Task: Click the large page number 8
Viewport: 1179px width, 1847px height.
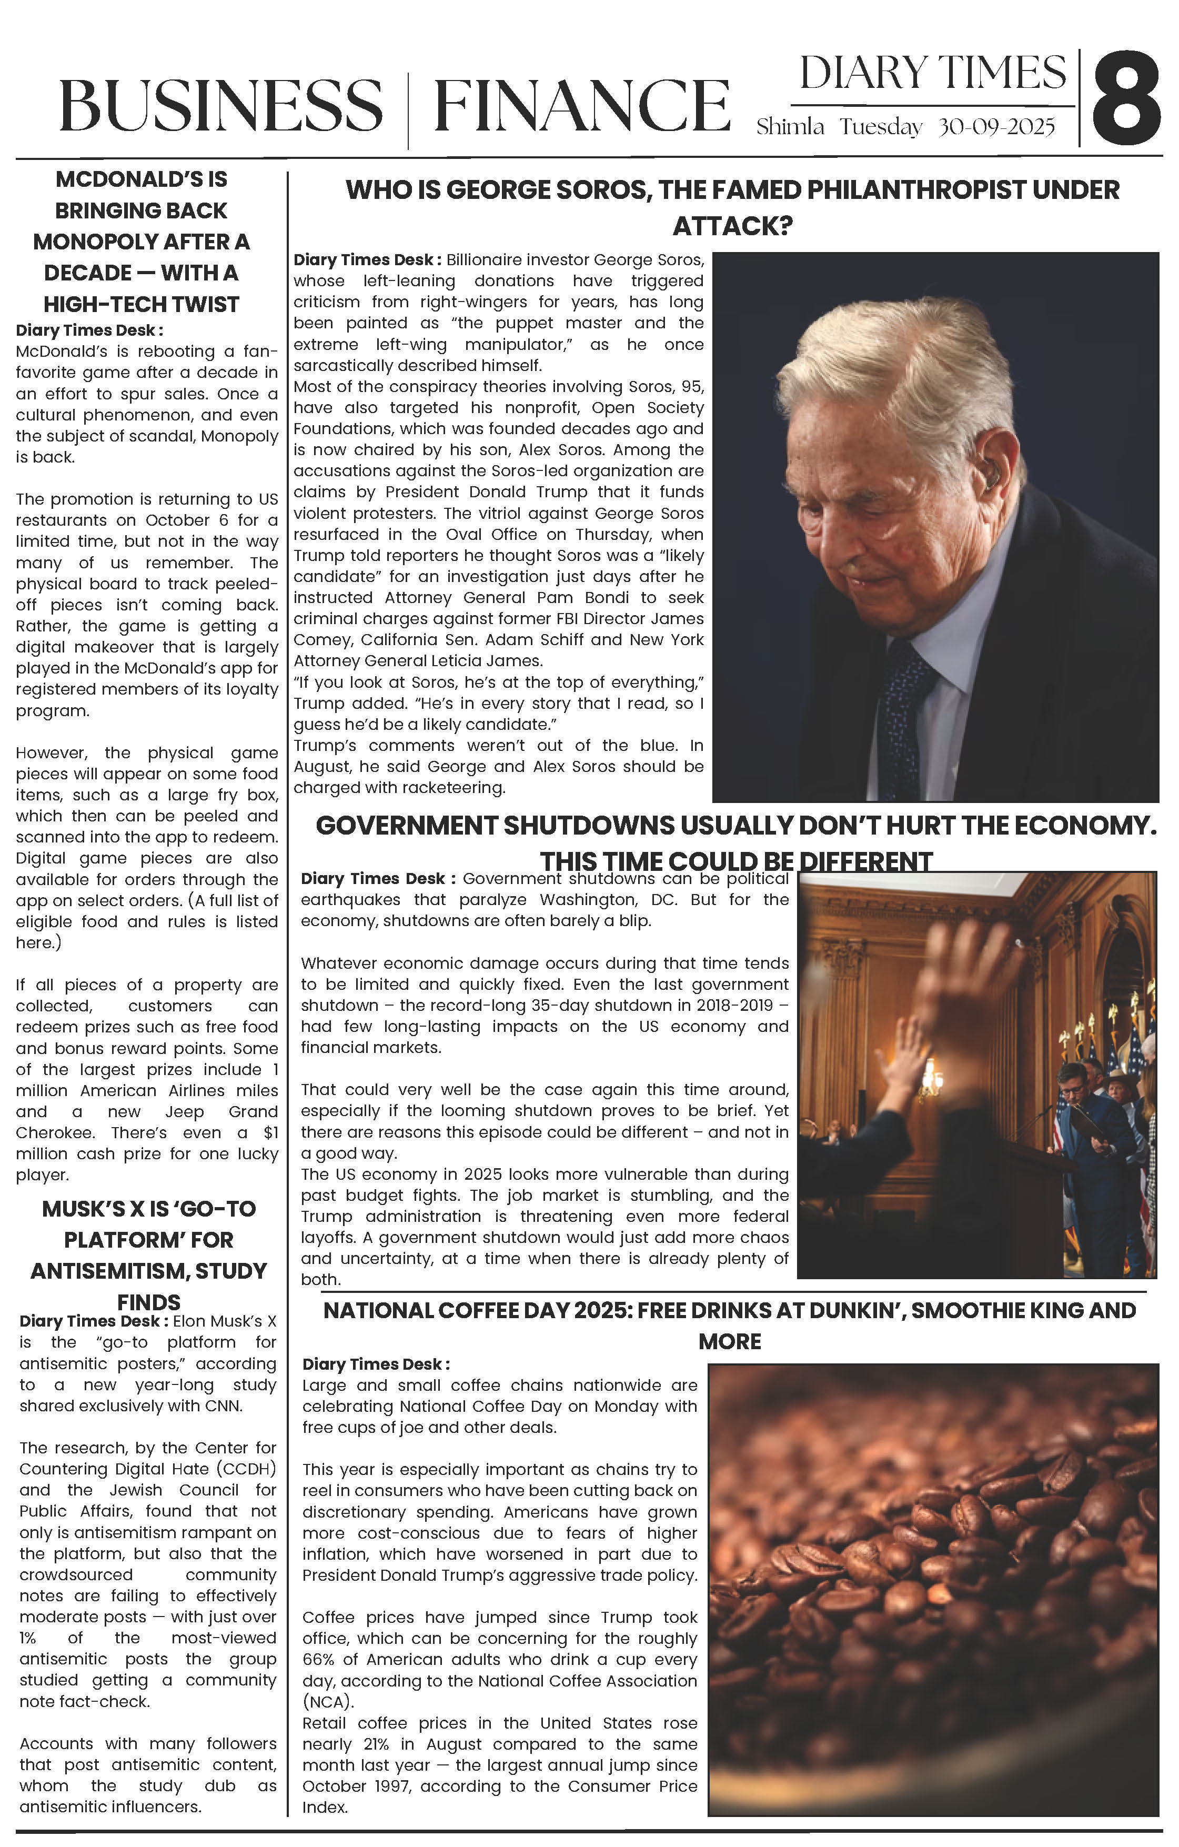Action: point(1125,99)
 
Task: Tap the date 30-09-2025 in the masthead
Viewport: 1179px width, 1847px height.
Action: point(996,127)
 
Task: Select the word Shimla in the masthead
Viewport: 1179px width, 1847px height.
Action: point(790,127)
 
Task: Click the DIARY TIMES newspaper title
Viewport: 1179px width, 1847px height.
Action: point(933,74)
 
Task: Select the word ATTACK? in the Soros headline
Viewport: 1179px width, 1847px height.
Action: point(732,226)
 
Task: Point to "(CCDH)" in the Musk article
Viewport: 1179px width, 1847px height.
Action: point(247,1469)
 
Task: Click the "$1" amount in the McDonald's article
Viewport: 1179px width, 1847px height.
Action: point(270,1133)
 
